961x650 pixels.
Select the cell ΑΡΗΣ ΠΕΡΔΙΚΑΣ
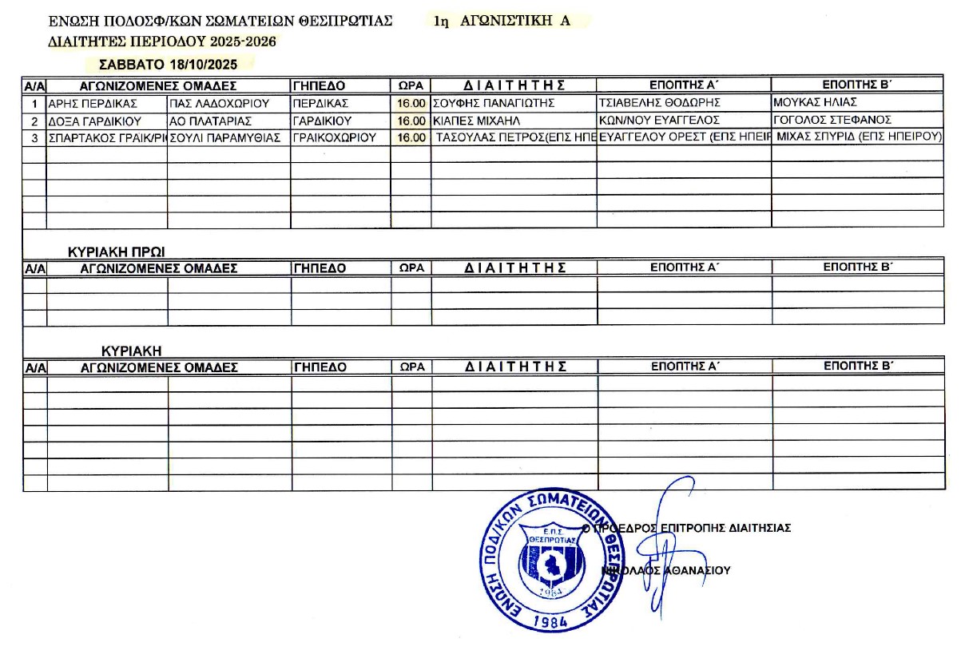point(93,103)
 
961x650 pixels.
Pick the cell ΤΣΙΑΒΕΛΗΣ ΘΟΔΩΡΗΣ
point(659,103)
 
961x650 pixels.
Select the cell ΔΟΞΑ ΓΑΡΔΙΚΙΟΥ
point(95,121)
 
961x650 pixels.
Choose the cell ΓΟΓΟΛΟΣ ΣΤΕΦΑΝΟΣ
point(832,121)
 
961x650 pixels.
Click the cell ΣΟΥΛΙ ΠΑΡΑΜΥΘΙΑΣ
point(225,137)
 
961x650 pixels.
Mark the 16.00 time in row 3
point(411,137)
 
